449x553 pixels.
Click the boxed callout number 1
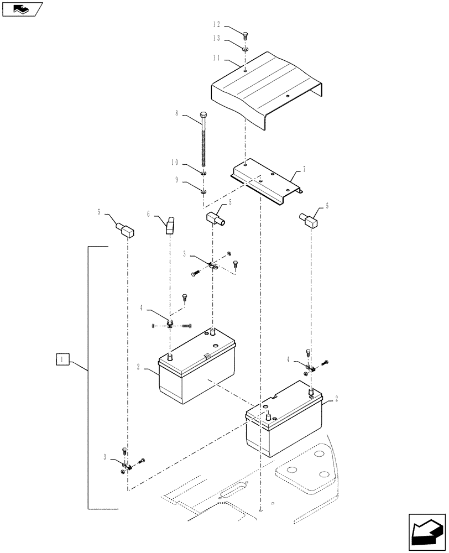62,359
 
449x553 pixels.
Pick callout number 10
175,163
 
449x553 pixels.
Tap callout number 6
149,213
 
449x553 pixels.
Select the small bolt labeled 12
246,34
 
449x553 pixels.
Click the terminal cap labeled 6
170,225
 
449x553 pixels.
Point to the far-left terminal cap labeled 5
125,228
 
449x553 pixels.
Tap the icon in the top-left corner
22,9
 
